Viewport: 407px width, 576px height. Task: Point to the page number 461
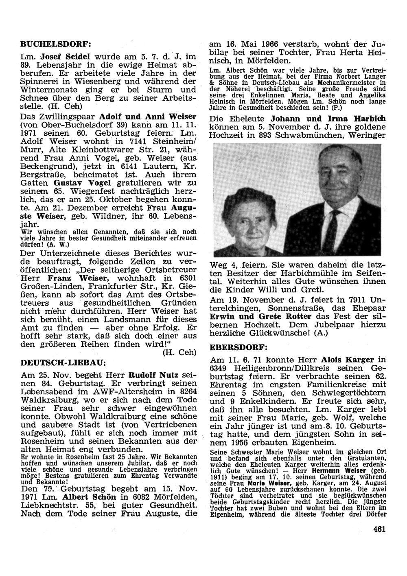379,530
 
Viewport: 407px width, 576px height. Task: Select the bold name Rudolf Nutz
155,375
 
